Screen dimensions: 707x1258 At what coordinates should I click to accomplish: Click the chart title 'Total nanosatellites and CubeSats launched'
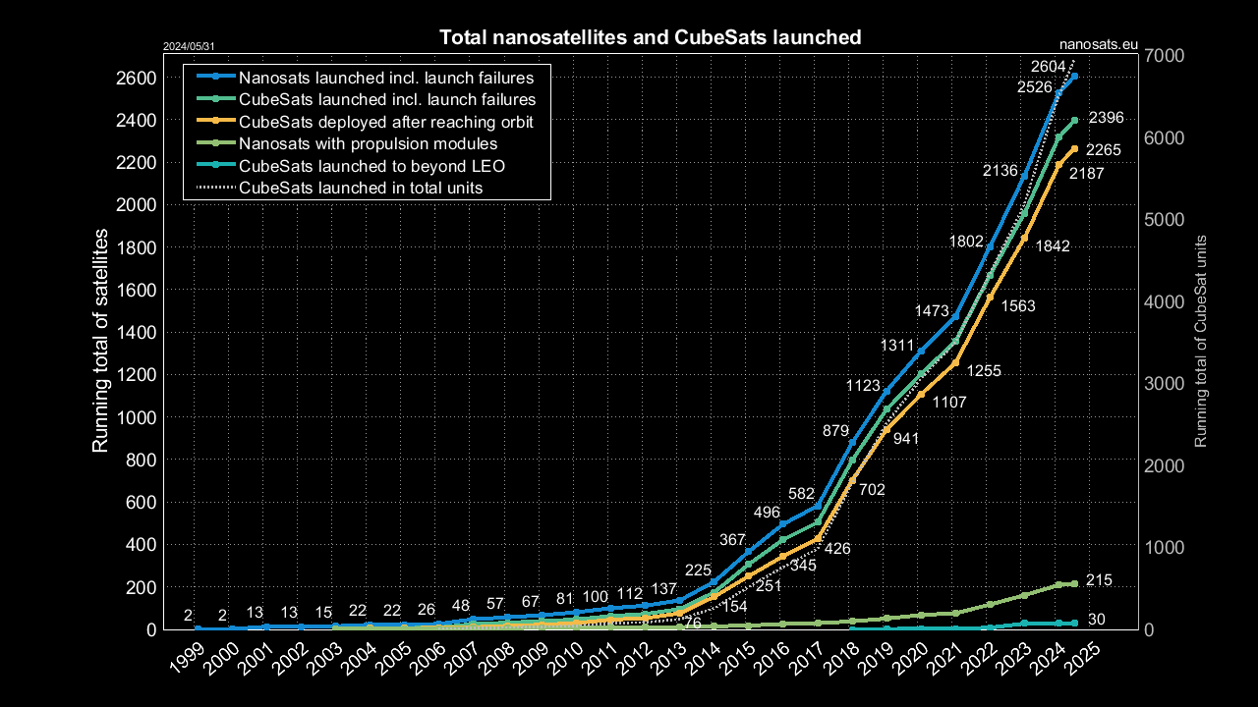coord(650,38)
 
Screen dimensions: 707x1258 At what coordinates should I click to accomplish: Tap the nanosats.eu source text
coord(1099,44)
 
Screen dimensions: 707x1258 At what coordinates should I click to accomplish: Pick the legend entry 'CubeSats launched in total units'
coord(361,188)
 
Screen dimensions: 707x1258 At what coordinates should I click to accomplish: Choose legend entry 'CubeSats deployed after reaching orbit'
coord(385,122)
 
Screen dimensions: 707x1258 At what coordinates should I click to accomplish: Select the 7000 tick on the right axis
coord(1165,55)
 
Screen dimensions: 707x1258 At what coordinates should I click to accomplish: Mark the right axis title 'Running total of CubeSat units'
coord(1200,341)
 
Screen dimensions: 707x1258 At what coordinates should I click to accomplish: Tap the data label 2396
coord(1106,118)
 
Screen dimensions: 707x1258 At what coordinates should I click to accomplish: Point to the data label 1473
coord(931,310)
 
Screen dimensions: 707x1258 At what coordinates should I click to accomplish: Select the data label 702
coord(872,489)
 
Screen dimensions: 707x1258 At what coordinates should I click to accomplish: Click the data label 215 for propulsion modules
coord(1098,580)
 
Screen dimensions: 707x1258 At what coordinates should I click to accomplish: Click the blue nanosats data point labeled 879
coord(852,443)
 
